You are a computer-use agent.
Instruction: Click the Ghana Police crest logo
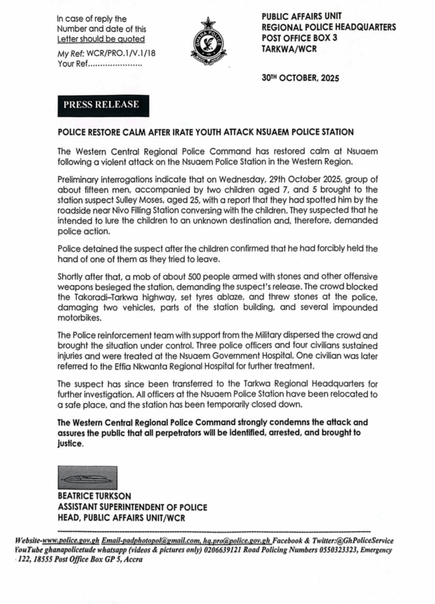pos(208,41)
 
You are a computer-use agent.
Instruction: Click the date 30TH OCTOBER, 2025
pos(301,78)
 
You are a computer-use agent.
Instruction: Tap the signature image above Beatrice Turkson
pos(87,478)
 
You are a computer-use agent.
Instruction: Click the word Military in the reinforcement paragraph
pos(263,334)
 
